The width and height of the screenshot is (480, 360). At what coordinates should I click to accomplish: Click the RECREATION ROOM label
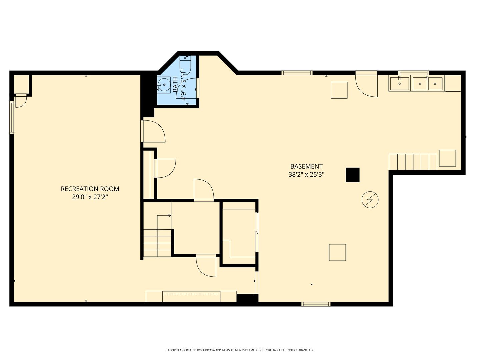point(90,189)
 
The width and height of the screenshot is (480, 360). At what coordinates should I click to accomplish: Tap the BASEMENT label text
point(306,167)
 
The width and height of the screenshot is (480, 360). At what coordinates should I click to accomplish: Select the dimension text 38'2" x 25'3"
point(306,175)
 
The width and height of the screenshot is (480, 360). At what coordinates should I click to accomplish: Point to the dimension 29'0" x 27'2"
point(90,197)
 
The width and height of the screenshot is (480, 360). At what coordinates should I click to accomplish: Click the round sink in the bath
point(164,85)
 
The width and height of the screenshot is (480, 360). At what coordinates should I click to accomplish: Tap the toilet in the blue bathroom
point(185,65)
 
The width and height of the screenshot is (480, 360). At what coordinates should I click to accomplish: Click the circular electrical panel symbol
point(370,200)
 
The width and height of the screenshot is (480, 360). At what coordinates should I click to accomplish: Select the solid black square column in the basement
point(353,175)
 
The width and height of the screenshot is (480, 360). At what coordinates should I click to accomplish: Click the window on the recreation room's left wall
point(12,117)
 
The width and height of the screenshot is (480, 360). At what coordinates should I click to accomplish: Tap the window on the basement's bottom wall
point(316,304)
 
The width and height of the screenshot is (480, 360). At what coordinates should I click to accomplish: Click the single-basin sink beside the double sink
point(399,84)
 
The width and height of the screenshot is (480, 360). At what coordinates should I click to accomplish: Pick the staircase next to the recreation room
point(157,236)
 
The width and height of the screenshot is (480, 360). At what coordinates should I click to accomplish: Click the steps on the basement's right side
point(413,162)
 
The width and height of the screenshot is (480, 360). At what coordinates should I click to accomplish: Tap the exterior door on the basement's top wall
point(367,84)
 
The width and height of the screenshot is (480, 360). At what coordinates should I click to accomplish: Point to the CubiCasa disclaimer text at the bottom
point(240,350)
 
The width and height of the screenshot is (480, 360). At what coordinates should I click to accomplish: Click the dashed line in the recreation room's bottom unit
point(191,294)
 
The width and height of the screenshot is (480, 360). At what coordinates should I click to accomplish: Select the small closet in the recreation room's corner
point(21,84)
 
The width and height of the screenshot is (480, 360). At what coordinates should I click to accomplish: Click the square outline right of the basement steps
point(447,158)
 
